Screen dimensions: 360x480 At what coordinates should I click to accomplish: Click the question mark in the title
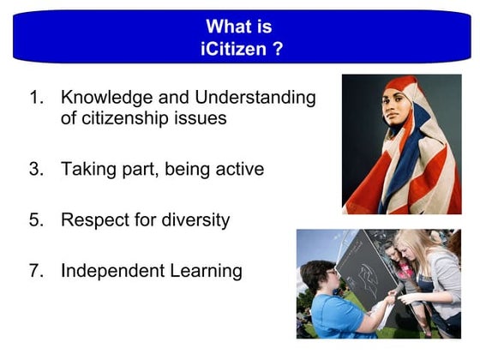(278, 48)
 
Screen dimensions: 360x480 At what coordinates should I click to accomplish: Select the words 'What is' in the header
(240, 27)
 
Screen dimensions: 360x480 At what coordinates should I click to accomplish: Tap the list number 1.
(35, 97)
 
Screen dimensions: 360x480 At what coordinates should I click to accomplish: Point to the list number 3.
(35, 169)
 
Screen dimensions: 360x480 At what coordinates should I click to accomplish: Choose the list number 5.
(35, 219)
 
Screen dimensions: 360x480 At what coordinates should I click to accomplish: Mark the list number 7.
(35, 271)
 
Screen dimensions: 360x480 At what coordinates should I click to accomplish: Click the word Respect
(96, 219)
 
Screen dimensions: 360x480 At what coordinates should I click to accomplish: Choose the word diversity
(196, 219)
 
